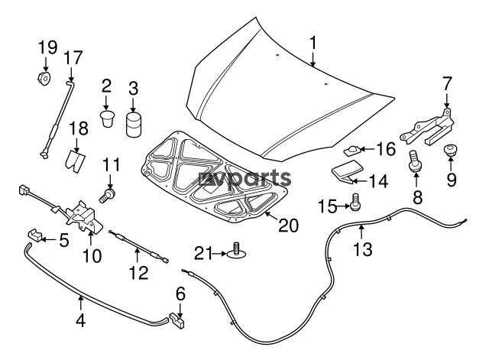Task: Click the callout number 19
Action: click(47, 47)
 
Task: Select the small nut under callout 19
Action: click(44, 78)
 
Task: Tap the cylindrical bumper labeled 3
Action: click(134, 125)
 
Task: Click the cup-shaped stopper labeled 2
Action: click(107, 118)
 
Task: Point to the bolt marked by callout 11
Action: click(107, 195)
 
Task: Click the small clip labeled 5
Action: click(34, 235)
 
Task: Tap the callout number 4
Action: click(81, 320)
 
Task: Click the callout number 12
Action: click(138, 273)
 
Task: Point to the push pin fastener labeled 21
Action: click(237, 251)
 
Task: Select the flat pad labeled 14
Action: click(348, 172)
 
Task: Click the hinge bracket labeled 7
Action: click(426, 128)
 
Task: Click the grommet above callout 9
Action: click(450, 150)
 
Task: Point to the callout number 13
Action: click(363, 249)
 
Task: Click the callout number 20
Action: click(289, 225)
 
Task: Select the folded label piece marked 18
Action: click(76, 161)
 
